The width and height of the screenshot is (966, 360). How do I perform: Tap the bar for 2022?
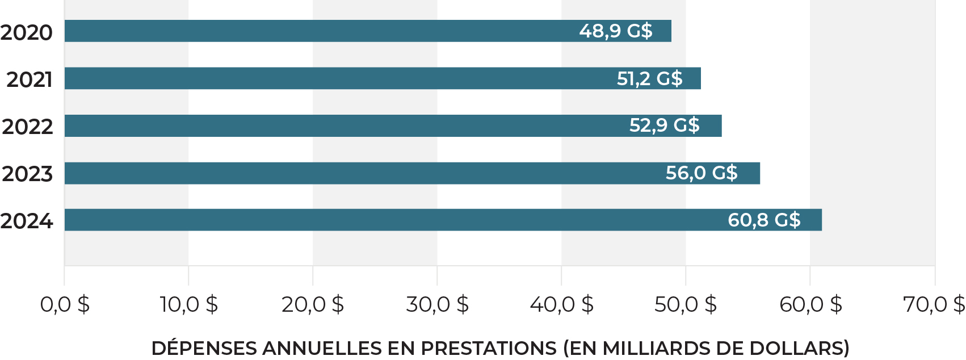point(341,125)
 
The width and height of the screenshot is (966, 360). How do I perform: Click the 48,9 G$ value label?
point(615,31)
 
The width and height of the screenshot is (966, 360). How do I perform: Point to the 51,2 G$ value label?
point(649,78)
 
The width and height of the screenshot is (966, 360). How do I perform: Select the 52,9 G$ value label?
point(664,125)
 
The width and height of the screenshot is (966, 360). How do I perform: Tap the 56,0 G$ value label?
point(701,173)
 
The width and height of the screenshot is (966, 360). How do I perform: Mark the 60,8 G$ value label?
point(763,220)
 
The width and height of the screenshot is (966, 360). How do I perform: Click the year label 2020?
point(27,33)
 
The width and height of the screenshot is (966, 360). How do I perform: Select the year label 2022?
point(27,127)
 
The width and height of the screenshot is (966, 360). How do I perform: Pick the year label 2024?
point(27,221)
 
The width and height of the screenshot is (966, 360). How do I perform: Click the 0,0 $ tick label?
point(65,305)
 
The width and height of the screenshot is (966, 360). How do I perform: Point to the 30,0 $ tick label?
point(437,305)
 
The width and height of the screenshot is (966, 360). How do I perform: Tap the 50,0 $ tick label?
point(685,305)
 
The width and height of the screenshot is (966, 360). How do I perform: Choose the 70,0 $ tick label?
point(934,305)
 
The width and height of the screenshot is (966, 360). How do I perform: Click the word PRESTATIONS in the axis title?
point(489,348)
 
